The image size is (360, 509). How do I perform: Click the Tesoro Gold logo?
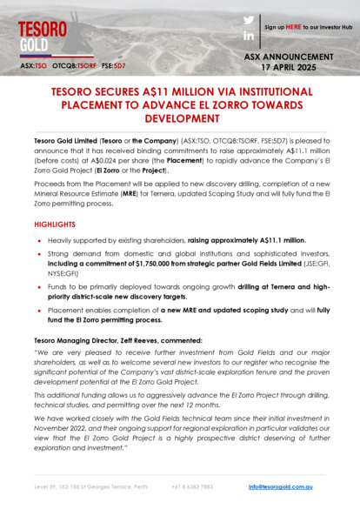point(42,34)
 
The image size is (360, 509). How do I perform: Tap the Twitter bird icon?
point(248,20)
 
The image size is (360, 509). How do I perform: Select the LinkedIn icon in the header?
point(248,36)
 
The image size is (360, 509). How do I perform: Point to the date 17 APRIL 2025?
point(302,66)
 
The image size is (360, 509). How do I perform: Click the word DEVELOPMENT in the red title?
point(180,117)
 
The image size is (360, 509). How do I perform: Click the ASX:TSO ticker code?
point(35,65)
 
